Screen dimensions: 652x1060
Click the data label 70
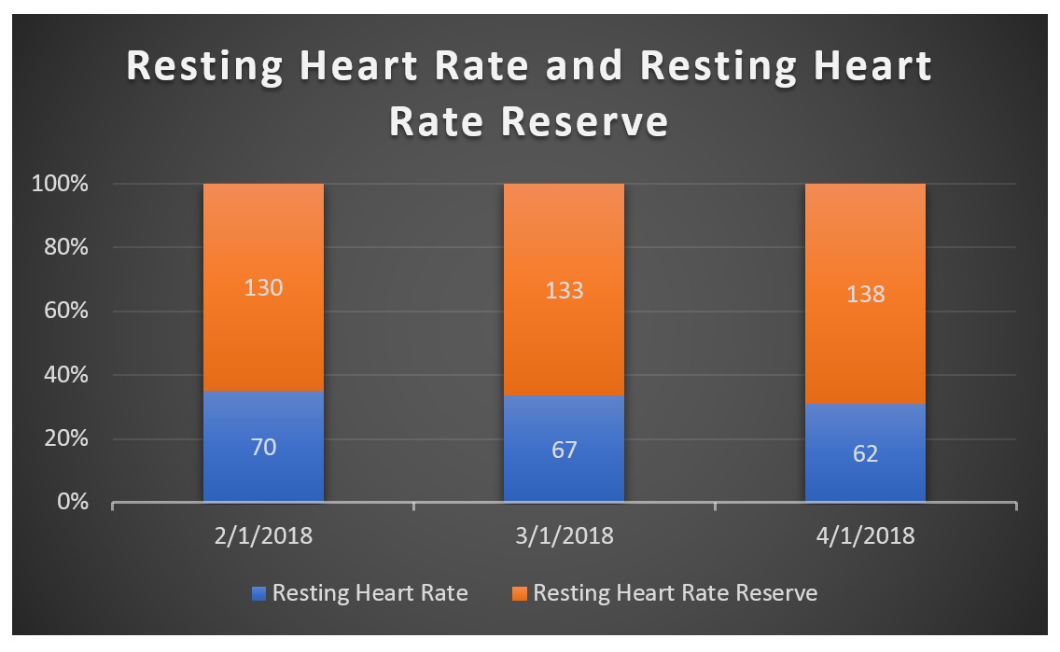[263, 448]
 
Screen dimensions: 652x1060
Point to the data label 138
[865, 296]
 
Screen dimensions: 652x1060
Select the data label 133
[564, 290]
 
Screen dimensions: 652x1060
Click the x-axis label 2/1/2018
[263, 537]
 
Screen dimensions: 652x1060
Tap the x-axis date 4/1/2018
[865, 537]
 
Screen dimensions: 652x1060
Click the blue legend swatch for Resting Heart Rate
[259, 593]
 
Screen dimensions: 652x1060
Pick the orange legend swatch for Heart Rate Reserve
[520, 593]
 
